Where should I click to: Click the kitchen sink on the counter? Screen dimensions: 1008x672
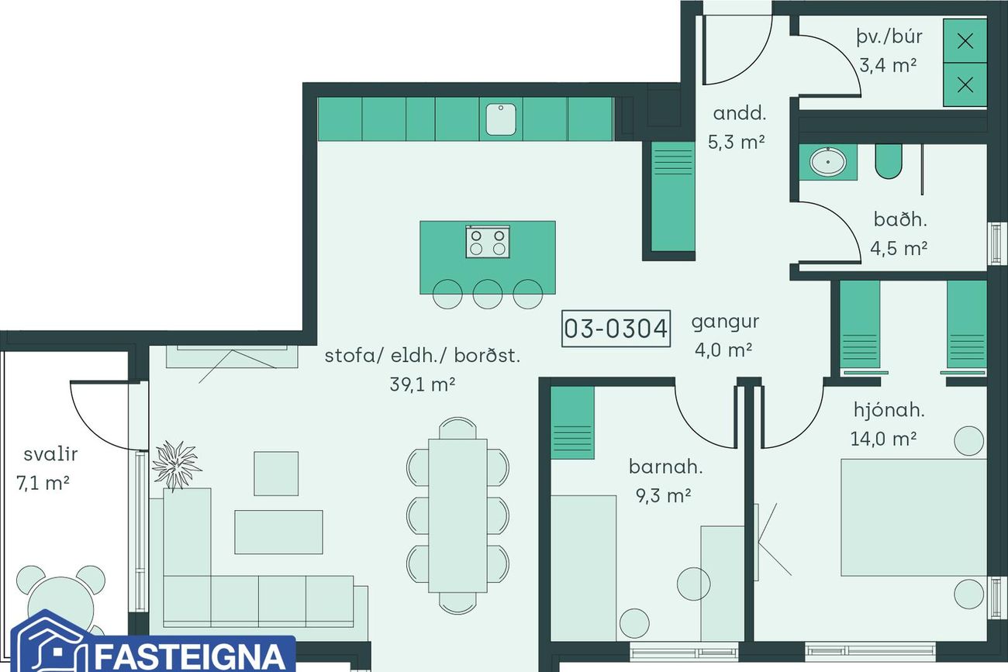(x=500, y=119)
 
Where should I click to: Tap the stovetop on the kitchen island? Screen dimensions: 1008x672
(x=488, y=242)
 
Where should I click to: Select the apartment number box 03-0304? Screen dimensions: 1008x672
(x=616, y=329)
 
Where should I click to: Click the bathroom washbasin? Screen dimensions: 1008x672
(x=828, y=161)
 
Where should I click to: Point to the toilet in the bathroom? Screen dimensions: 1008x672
(x=889, y=161)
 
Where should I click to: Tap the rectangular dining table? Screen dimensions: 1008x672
(x=457, y=515)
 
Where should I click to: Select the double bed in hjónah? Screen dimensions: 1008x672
(x=913, y=517)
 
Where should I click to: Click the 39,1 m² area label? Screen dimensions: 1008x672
(x=422, y=384)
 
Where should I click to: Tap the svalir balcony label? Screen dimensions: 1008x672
(x=50, y=454)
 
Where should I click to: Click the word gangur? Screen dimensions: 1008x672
(x=725, y=323)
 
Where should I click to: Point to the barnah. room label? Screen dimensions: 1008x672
(x=665, y=467)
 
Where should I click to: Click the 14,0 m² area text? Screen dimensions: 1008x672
(x=883, y=439)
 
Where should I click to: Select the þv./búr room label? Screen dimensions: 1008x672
(x=889, y=37)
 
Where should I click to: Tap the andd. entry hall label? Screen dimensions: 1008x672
(x=740, y=113)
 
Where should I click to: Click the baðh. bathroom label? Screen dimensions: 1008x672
(x=900, y=220)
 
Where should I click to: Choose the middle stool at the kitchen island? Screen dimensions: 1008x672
(x=488, y=295)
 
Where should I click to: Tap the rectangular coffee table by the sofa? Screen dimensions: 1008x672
(x=278, y=532)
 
